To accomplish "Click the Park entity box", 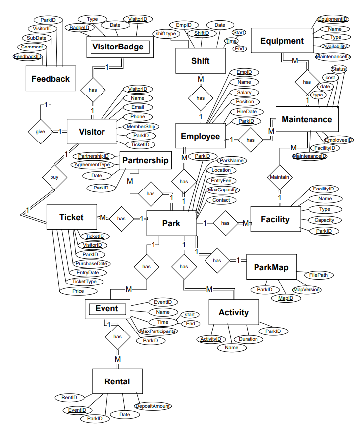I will [171, 223].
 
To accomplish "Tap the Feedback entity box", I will [51, 79].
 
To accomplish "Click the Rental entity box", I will [117, 381].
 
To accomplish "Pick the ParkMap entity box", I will [271, 267].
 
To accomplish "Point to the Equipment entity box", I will [282, 41].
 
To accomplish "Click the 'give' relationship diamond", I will [39, 132].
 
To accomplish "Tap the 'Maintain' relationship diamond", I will [280, 177].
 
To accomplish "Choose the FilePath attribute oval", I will [318, 275].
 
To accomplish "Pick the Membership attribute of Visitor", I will [140, 126].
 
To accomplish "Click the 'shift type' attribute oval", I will [166, 34].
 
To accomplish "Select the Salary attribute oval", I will [244, 92].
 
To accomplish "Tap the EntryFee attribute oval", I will [221, 181].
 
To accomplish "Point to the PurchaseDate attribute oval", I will [92, 263].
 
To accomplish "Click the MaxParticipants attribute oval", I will [157, 331].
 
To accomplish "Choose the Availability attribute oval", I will [333, 46].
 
